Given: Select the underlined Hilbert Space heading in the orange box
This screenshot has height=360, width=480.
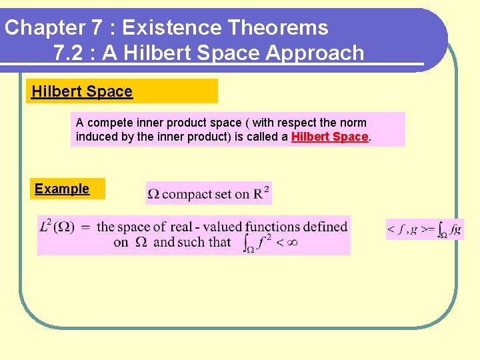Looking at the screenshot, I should (82, 91).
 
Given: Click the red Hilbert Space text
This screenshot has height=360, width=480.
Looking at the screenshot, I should (329, 137).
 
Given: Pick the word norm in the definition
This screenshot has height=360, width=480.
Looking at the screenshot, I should (353, 123).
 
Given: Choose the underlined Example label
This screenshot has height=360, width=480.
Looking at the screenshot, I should (62, 189).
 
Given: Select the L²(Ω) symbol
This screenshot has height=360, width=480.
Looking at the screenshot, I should (57, 227).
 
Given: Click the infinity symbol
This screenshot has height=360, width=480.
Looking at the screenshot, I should (291, 242).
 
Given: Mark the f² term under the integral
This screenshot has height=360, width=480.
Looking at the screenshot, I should (263, 241).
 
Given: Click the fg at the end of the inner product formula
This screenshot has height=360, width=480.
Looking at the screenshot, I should (455, 229).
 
